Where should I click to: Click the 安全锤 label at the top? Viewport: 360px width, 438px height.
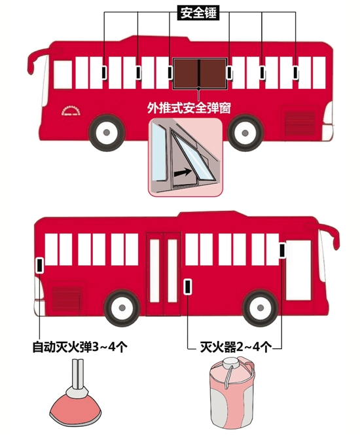point(198,13)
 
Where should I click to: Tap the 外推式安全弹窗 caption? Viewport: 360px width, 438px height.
point(189,107)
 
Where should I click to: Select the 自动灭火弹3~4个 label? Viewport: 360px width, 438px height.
point(80,347)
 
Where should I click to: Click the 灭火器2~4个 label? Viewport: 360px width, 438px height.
point(236,347)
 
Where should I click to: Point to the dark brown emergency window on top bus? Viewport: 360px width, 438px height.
point(200,73)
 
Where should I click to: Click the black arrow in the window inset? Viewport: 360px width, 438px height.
point(183,173)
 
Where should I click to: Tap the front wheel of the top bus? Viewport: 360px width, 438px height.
point(107,132)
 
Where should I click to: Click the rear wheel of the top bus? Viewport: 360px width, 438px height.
point(245,133)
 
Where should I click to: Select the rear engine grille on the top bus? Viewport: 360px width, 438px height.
point(299,123)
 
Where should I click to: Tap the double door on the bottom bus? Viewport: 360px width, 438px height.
point(163,274)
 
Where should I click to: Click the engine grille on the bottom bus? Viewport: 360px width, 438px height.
point(67,297)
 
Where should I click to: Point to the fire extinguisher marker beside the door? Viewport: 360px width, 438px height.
point(188,286)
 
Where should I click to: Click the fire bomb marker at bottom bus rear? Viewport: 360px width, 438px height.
point(40,265)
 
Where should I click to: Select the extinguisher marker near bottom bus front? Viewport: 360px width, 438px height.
point(282,250)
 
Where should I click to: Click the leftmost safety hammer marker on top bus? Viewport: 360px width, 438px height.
point(104,73)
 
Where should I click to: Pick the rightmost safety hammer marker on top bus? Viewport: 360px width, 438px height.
point(295,73)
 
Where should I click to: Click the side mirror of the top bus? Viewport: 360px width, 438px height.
point(37,62)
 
